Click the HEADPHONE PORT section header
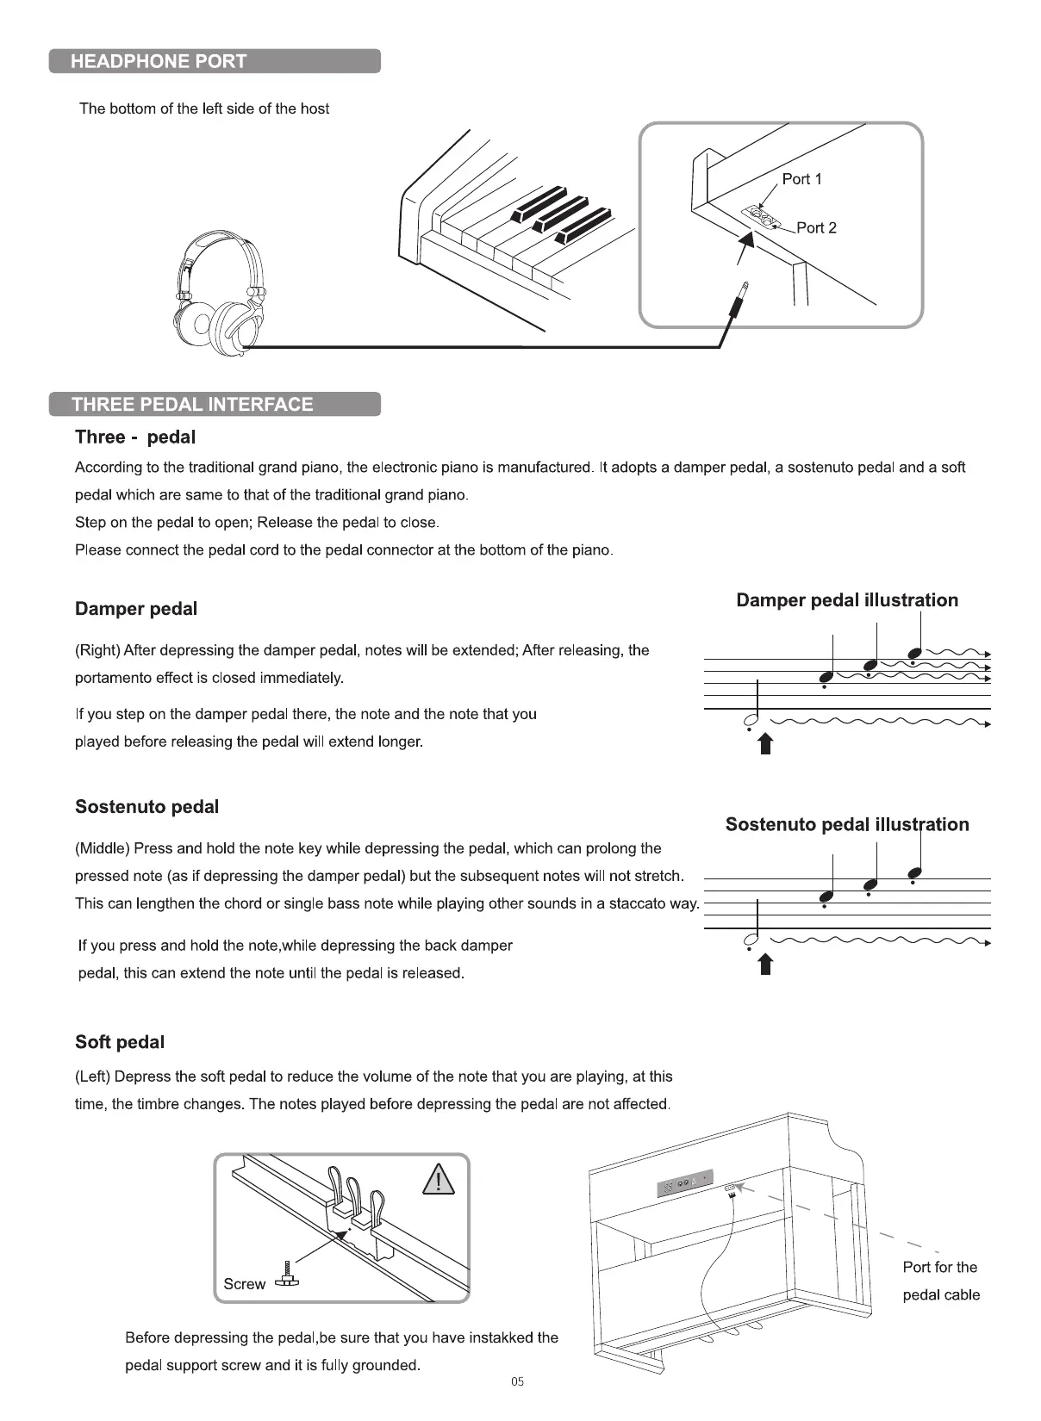(x=214, y=61)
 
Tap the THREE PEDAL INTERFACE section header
(x=214, y=405)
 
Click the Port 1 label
(x=801, y=179)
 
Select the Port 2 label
(x=816, y=228)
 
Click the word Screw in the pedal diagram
(x=244, y=1284)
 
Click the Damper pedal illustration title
(x=847, y=600)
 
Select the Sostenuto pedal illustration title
(x=847, y=825)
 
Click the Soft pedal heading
(x=120, y=1042)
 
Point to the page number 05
(x=517, y=1382)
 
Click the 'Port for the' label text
(x=939, y=1268)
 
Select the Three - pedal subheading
(x=135, y=437)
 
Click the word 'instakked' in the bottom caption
(x=501, y=1337)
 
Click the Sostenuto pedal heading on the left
(x=146, y=807)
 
